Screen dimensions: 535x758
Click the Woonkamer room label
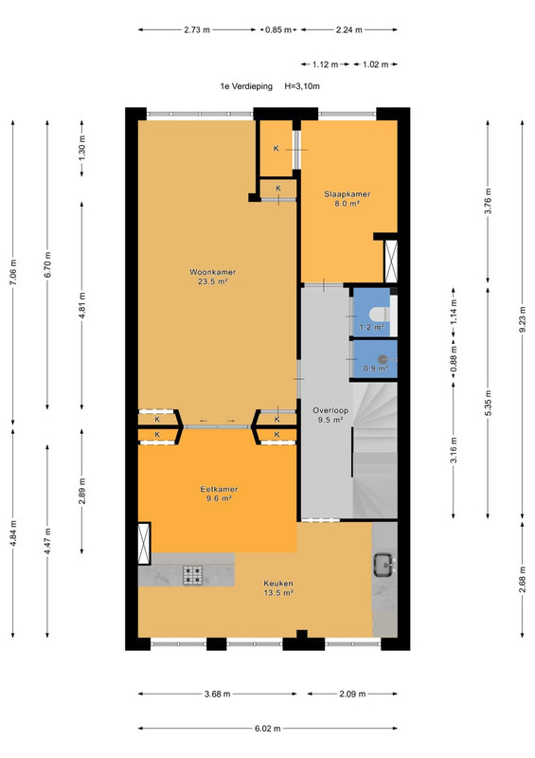[213, 272]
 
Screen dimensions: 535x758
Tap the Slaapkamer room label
[347, 194]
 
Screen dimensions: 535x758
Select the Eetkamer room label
[219, 489]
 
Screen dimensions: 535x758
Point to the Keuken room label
[278, 584]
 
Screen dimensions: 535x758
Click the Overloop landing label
[330, 411]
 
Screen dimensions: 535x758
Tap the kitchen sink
[384, 565]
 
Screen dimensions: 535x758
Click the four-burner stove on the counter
[192, 575]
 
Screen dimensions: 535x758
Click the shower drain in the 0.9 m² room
[383, 359]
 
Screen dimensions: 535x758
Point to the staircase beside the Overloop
[375, 450]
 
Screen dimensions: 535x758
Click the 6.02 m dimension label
[268, 729]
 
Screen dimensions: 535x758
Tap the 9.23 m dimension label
[523, 319]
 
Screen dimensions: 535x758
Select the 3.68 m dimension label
[218, 695]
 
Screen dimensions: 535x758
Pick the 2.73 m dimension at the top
[197, 30]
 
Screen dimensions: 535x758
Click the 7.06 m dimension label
[13, 273]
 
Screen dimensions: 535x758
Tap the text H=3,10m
[302, 86]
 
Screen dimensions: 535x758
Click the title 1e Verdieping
[246, 86]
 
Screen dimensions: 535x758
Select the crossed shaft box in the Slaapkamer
[391, 262]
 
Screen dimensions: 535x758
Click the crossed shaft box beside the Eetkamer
[144, 543]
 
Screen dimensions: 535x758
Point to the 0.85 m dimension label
[278, 30]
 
